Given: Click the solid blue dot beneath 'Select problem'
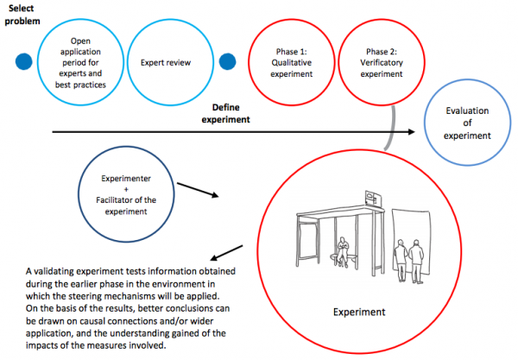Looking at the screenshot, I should click(x=25, y=63).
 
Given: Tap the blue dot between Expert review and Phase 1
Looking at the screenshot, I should click(x=228, y=63).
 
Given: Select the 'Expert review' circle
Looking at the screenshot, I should click(x=165, y=63).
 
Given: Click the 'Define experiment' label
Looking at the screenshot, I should click(x=231, y=113).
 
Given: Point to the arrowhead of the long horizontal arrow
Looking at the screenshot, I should click(x=419, y=132).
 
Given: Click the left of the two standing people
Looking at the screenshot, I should click(x=400, y=258).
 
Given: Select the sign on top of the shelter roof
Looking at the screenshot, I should click(x=373, y=198).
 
